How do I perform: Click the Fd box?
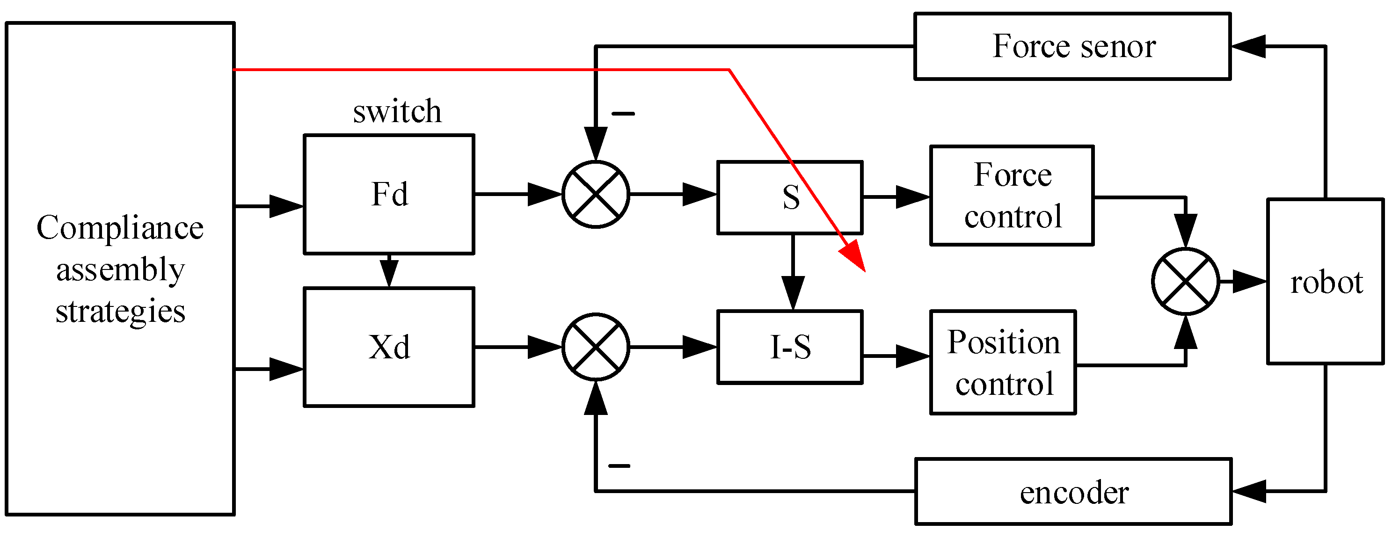(389, 194)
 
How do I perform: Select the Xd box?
(389, 347)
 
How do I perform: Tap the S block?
(789, 197)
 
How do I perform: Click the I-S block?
(789, 347)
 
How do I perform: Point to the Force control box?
(1012, 196)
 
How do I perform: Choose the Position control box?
(1003, 363)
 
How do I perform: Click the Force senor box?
(1072, 46)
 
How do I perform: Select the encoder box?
(1074, 492)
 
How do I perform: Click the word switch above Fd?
(397, 111)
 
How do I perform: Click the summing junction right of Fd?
(596, 194)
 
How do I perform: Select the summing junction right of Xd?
(596, 347)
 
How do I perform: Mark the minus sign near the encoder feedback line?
(619, 465)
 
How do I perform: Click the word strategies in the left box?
(121, 311)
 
